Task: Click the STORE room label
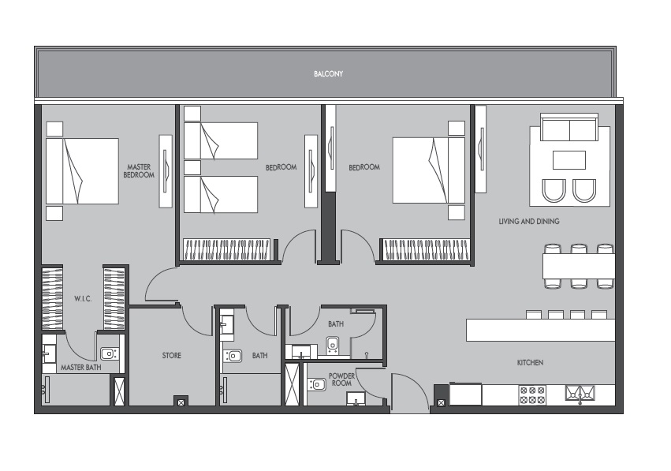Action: click(172, 356)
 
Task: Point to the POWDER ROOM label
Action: click(341, 379)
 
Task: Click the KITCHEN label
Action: click(530, 363)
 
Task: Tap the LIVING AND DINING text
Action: click(529, 222)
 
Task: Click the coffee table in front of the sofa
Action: click(568, 160)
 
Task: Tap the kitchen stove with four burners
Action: click(532, 394)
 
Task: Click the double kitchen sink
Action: click(580, 393)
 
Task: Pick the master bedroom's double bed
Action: click(81, 171)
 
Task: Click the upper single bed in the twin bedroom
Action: click(221, 140)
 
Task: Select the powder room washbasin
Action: click(318, 385)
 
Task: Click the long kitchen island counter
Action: click(540, 330)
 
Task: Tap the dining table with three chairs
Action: click(578, 267)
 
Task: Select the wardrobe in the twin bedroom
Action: click(229, 250)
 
